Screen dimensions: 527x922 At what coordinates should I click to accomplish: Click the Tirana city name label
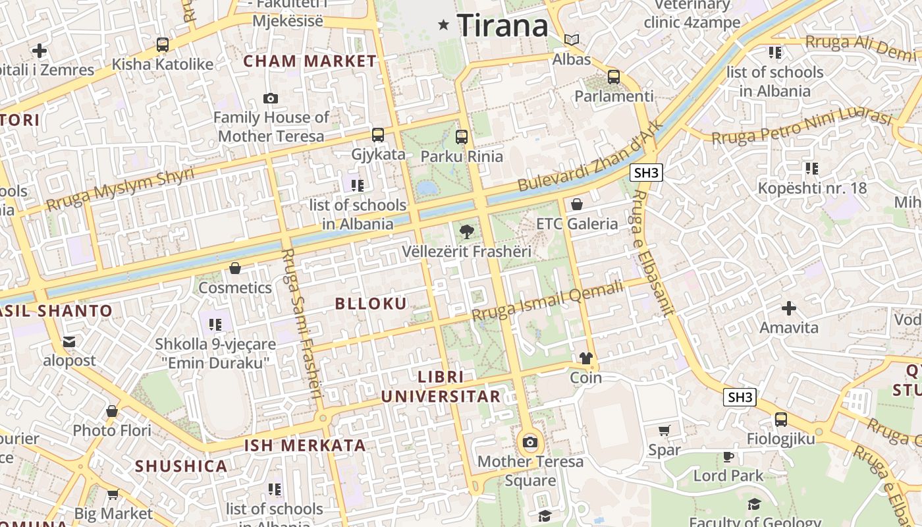coord(502,26)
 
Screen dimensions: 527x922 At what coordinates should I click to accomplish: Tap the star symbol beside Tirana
coord(444,25)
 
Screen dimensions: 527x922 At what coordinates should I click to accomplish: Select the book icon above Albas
coord(572,40)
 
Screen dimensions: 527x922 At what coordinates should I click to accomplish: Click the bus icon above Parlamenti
coord(614,76)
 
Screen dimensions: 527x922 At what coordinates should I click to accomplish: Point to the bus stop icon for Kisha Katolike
coord(163,45)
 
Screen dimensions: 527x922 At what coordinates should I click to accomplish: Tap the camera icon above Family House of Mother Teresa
coord(271,98)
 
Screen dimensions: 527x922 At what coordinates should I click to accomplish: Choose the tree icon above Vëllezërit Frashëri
coord(466,231)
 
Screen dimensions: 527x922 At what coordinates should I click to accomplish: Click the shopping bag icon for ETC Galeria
coord(577,204)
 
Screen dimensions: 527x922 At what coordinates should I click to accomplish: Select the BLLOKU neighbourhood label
coord(371,304)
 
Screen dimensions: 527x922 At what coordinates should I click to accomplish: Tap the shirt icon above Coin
coord(585,358)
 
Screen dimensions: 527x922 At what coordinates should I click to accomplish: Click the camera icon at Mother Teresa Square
coord(530,442)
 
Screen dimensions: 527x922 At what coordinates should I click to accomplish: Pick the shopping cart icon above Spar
coord(664,431)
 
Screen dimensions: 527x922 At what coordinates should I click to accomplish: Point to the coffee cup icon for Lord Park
coord(728,456)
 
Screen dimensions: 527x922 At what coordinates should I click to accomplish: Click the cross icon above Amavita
coord(788,308)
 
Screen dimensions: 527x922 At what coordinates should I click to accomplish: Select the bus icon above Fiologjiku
coord(781,419)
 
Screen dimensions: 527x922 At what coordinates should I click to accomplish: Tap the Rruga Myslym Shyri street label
coord(120,189)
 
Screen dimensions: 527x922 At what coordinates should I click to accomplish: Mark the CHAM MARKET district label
coord(310,61)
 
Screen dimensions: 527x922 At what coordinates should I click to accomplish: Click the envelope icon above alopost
coord(69,341)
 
